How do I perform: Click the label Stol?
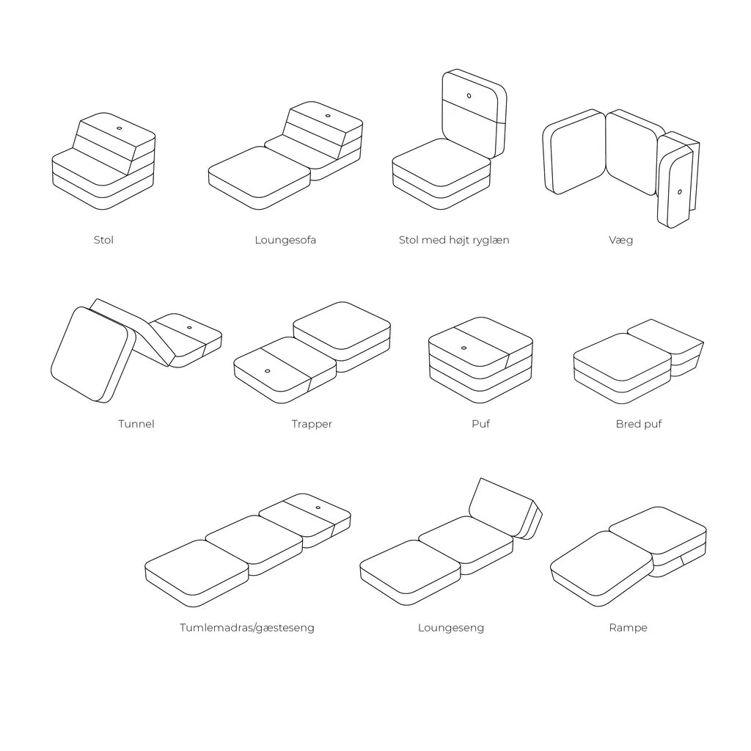(103, 240)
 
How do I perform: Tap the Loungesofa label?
(285, 240)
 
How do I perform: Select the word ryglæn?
(490, 241)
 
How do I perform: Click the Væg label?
(620, 240)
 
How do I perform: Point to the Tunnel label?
(136, 424)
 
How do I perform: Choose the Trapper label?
(312, 424)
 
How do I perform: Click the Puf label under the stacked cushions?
(480, 424)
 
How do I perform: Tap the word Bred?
(628, 424)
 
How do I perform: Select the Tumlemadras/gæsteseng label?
(247, 628)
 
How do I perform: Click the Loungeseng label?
(451, 628)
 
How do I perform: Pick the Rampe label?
(628, 628)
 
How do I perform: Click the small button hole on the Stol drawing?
(119, 128)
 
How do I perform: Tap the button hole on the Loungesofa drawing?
(326, 116)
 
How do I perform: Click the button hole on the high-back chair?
(469, 95)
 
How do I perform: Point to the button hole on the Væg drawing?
(679, 192)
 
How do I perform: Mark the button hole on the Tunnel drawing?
(189, 327)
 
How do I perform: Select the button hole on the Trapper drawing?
(267, 370)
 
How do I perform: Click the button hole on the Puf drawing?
(464, 348)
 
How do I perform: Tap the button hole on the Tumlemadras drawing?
(318, 508)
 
